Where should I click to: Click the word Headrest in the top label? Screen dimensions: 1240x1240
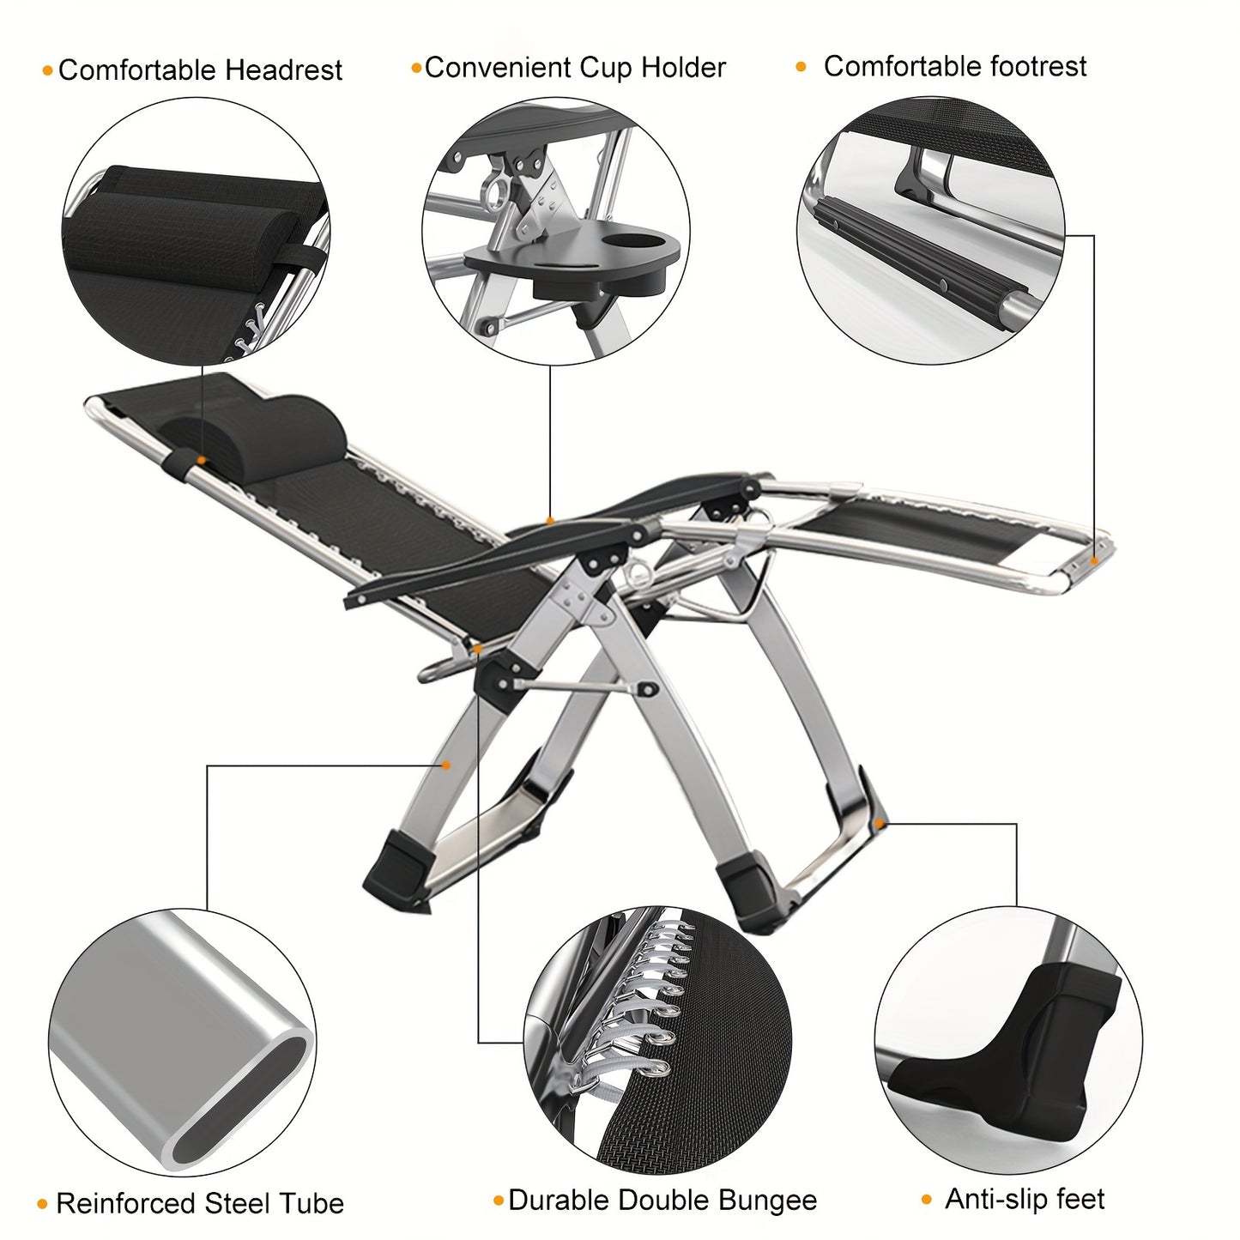[x=284, y=70]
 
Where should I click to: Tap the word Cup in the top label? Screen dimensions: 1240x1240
[x=606, y=68]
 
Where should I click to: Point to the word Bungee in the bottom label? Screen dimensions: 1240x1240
[x=767, y=1200]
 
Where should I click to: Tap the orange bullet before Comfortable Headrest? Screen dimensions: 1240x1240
[x=47, y=71]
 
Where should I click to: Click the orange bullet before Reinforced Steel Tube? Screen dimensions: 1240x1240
[x=42, y=1205]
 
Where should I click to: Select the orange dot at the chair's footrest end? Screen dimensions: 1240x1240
[x=1094, y=560]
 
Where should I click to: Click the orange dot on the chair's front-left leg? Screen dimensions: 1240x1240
[x=446, y=765]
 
